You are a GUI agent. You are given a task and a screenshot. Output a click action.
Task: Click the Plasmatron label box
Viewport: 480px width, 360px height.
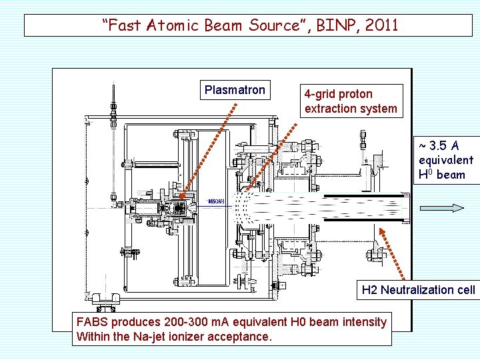(235, 90)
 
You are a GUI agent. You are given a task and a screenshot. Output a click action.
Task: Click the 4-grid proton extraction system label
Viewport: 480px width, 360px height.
(351, 101)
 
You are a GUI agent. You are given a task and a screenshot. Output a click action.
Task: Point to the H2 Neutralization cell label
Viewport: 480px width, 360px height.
(418, 289)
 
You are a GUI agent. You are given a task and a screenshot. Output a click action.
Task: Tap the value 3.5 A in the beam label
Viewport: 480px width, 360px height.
(445, 145)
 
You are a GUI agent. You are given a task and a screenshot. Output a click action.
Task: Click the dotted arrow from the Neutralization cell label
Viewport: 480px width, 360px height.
(395, 253)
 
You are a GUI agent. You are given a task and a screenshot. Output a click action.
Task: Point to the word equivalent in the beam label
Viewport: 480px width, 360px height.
(446, 160)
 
